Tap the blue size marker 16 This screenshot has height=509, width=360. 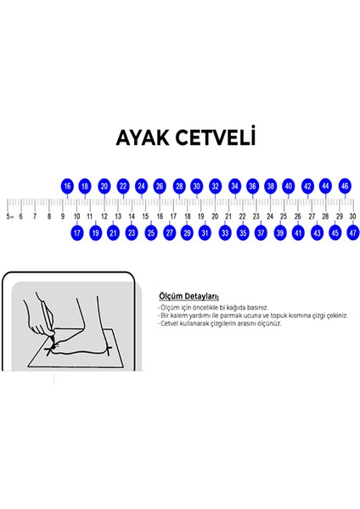click(x=67, y=186)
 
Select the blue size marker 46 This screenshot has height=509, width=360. click(x=345, y=186)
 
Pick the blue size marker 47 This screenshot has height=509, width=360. click(x=353, y=232)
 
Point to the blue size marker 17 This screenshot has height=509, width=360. click(x=76, y=232)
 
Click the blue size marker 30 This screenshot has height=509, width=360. click(x=196, y=186)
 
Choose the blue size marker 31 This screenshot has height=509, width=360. click(x=205, y=232)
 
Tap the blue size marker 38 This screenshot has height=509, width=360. click(x=270, y=186)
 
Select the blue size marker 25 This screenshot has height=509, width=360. click(x=150, y=232)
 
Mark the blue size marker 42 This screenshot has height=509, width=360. click(x=307, y=186)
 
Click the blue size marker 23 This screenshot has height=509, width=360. click(x=132, y=232)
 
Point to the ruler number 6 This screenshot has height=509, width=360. click(x=21, y=216)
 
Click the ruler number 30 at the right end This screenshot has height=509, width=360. click(x=352, y=216)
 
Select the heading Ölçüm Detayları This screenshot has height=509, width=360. click(x=188, y=296)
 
